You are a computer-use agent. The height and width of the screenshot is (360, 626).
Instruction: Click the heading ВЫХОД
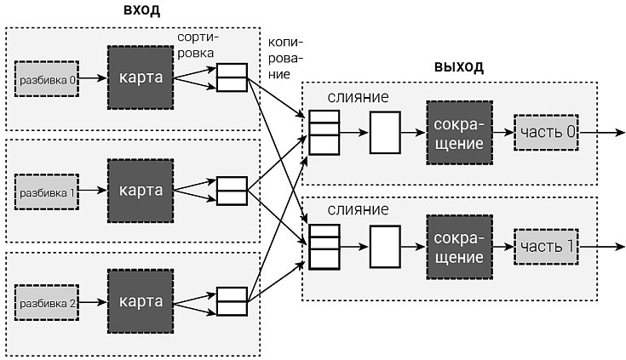(458, 66)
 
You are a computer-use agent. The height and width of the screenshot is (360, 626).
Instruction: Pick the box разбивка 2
(47, 302)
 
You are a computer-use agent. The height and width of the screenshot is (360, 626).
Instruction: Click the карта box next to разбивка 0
(140, 77)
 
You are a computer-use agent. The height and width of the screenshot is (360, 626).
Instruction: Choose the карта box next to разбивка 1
(140, 190)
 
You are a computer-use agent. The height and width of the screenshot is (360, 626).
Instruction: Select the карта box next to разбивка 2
(140, 302)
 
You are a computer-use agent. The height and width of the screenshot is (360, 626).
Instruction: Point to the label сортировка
(201, 46)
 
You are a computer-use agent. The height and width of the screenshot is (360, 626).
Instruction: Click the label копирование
(285, 57)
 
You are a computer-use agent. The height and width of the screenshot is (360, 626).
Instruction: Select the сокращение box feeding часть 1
(462, 246)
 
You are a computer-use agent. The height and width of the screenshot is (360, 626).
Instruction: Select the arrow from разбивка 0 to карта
(93, 77)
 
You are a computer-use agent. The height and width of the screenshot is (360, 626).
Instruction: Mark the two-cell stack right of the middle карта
(231, 190)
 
